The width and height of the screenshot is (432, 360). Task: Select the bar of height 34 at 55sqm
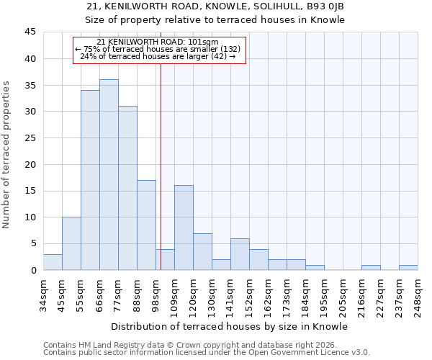[90, 180]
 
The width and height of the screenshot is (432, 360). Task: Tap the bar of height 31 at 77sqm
[127, 188]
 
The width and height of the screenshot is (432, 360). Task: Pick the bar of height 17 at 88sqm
[146, 225]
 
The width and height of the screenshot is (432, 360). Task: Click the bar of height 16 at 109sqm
[184, 228]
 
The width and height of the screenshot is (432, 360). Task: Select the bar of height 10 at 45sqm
[71, 243]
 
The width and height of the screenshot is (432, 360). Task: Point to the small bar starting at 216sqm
[371, 268]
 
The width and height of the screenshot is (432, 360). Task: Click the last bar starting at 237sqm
[408, 268]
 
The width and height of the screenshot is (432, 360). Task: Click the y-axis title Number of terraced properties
[7, 155]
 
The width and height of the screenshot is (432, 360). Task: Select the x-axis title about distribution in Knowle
[230, 326]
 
